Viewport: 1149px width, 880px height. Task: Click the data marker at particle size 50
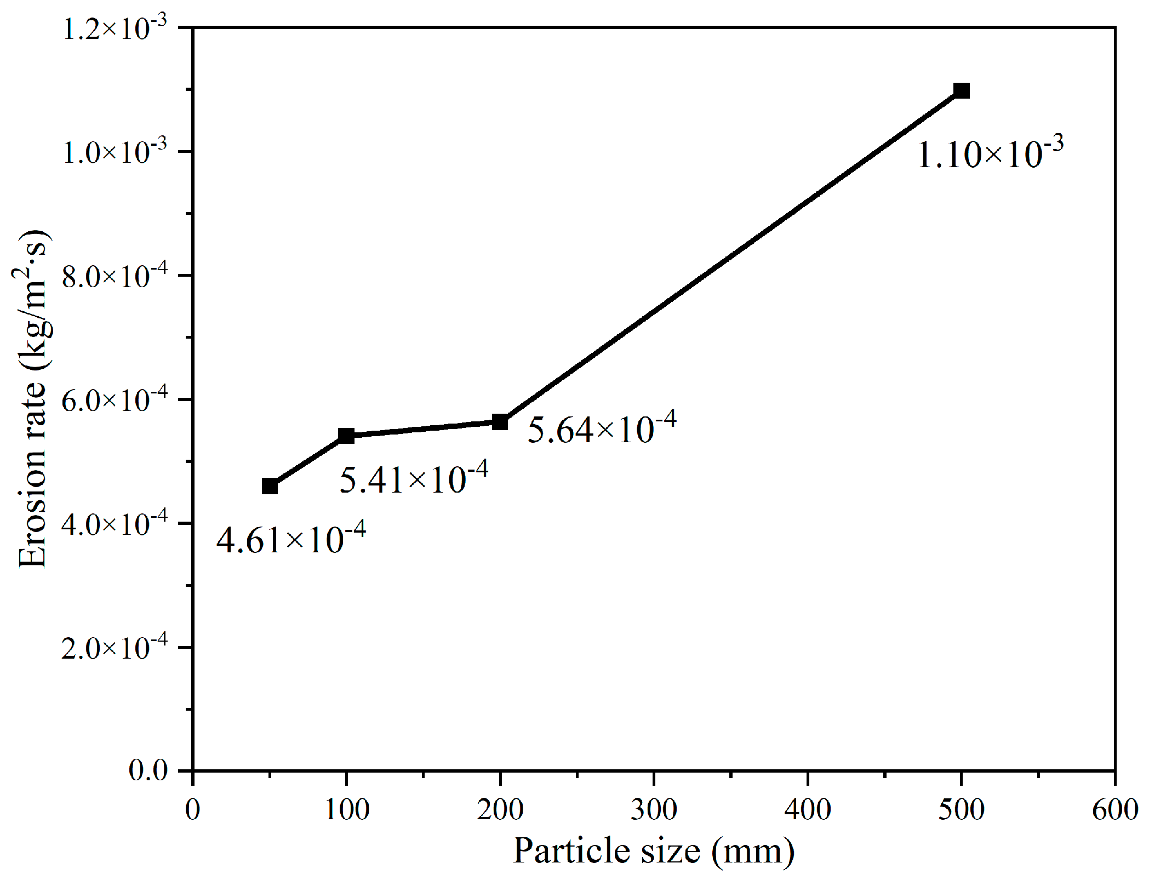click(270, 486)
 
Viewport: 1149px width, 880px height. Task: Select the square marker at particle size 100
click(346, 436)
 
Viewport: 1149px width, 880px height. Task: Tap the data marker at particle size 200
click(500, 422)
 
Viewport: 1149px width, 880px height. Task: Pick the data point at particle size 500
click(961, 90)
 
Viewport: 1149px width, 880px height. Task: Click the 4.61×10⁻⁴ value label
click(291, 539)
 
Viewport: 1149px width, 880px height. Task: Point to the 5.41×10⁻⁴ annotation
click(414, 478)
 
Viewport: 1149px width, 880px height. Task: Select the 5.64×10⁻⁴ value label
click(602, 428)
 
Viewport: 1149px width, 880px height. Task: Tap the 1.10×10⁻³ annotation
click(990, 153)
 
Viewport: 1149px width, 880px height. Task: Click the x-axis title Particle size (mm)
click(653, 851)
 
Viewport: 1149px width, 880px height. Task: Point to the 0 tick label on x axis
click(192, 810)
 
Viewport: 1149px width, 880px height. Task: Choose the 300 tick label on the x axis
click(654, 810)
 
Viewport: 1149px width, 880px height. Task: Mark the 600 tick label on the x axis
click(1115, 810)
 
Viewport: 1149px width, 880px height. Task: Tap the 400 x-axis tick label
click(808, 810)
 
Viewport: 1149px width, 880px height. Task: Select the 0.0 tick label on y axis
click(148, 770)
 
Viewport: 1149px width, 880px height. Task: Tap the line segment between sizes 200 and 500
click(730, 256)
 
